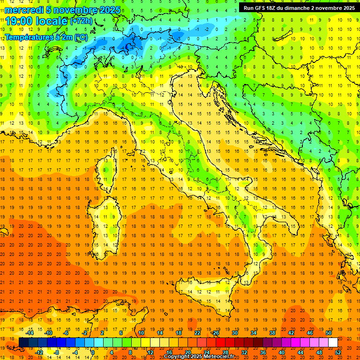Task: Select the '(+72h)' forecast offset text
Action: point(81,21)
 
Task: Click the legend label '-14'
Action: point(30,333)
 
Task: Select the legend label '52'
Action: point(338,352)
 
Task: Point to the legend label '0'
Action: point(93,352)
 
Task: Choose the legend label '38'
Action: point(272,333)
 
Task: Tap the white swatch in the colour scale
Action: point(333,343)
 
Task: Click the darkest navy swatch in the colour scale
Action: point(23,343)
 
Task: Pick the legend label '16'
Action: point(169,352)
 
